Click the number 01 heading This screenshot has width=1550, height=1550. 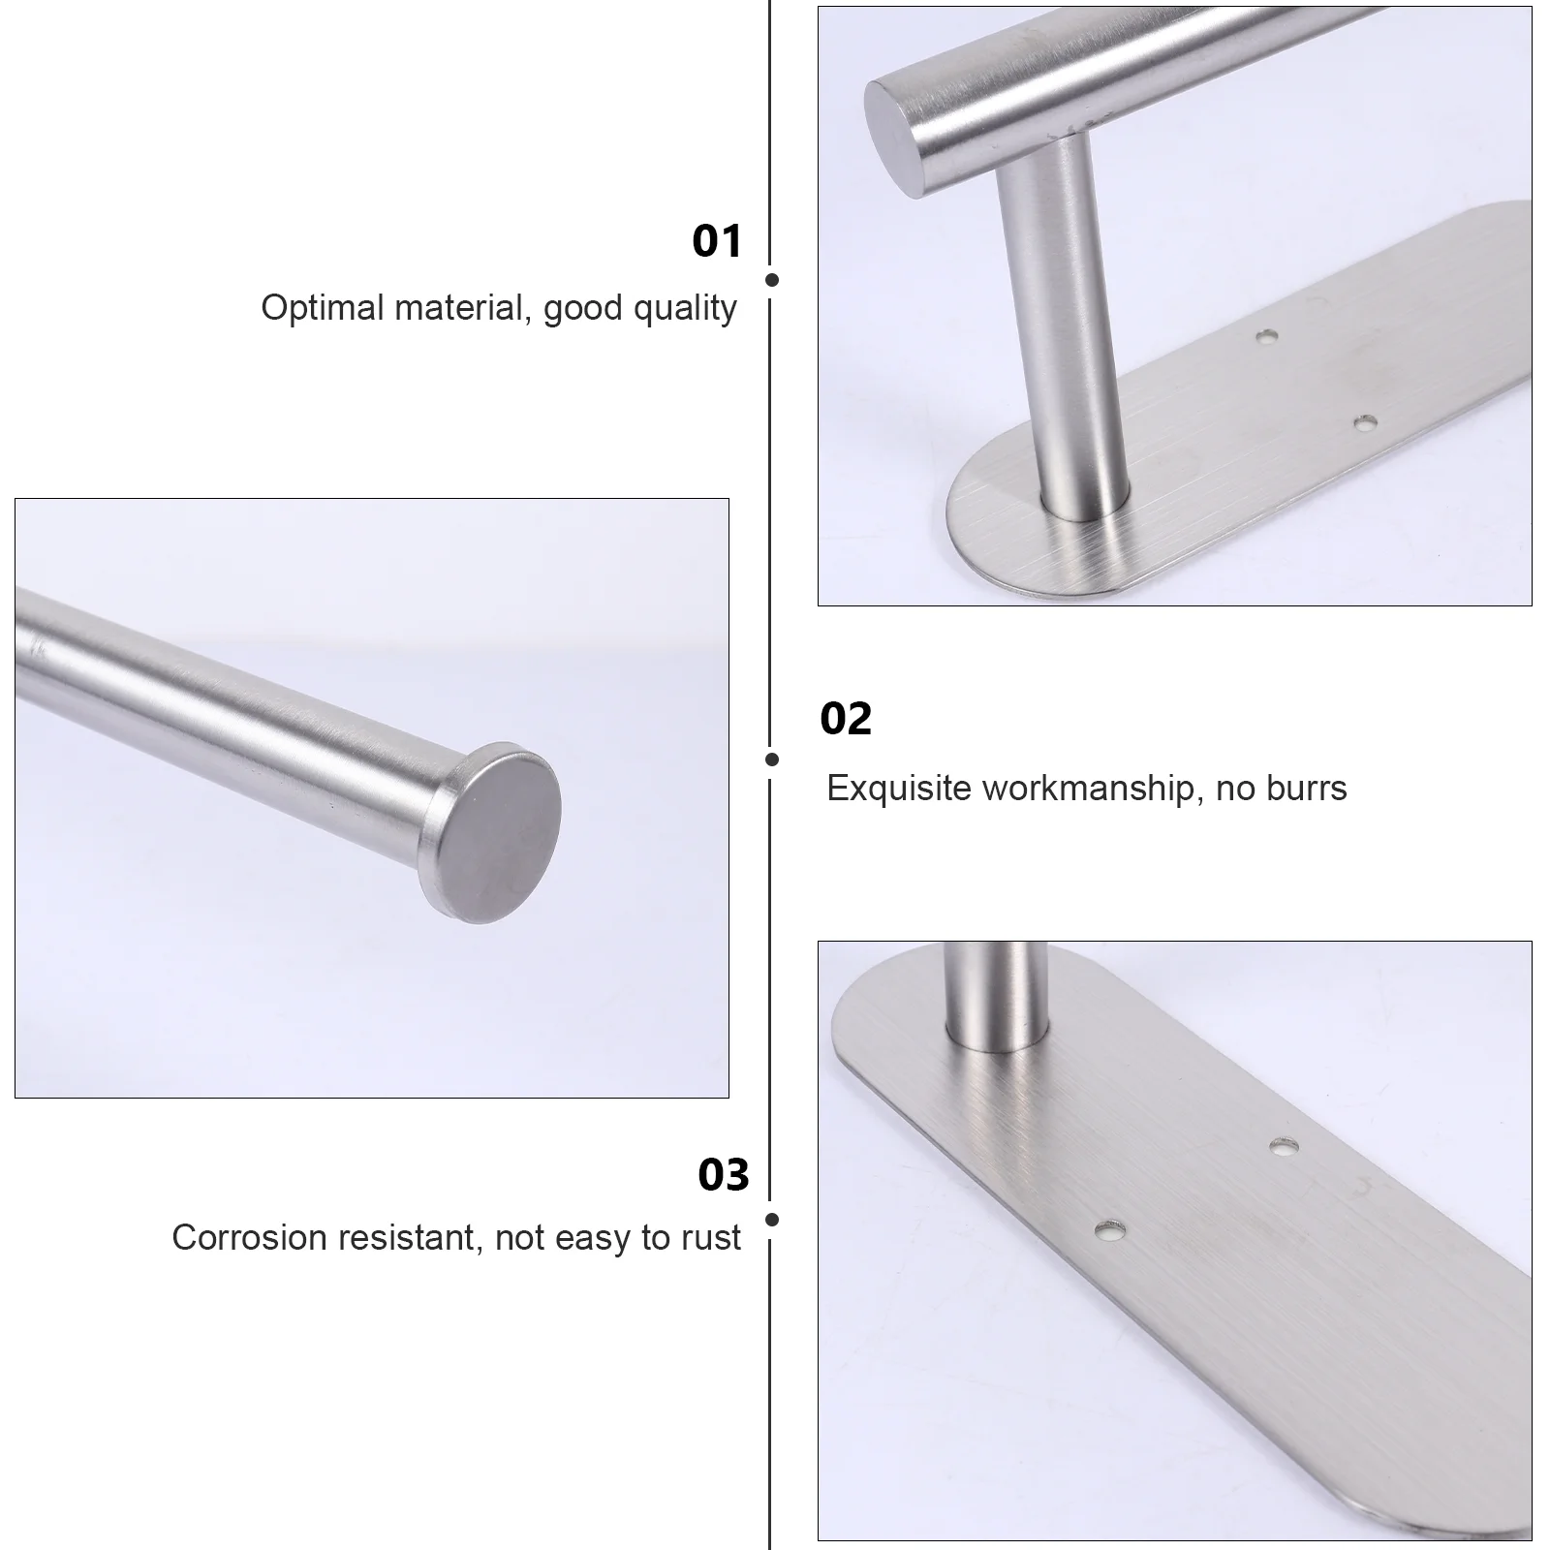717,241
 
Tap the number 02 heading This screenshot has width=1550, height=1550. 846,719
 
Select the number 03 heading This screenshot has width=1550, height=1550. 724,1174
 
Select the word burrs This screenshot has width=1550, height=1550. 1308,789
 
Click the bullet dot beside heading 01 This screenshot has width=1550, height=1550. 772,280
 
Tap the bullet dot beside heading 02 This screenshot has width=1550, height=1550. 772,760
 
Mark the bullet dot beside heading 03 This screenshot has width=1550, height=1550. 772,1221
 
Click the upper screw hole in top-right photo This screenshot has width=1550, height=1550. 1265,337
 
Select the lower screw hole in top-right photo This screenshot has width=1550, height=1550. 1365,423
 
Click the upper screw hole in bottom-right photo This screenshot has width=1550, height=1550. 1285,1147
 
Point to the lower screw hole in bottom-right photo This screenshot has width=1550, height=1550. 1112,1232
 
